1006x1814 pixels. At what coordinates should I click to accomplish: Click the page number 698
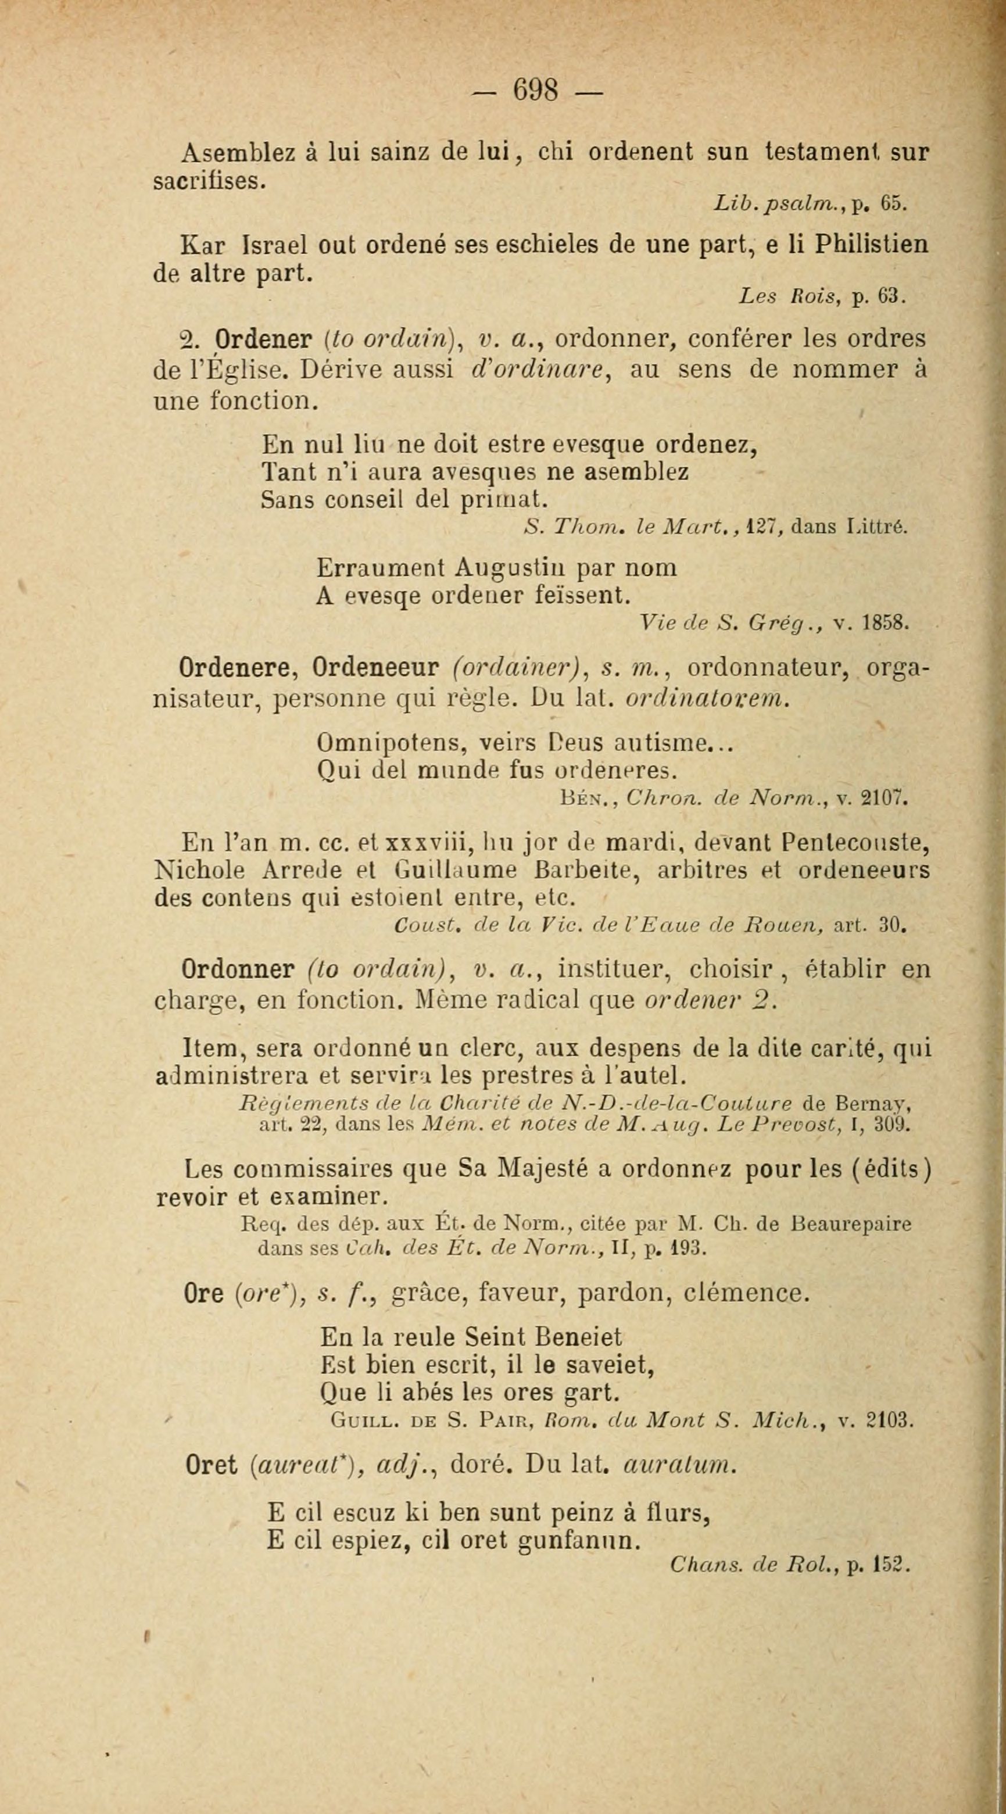536,91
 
